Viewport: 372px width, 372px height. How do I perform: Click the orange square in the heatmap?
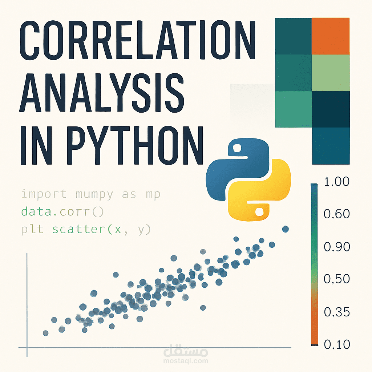[331, 36]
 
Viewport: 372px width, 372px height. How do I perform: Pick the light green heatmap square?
[331, 73]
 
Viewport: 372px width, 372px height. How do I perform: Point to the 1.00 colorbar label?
[336, 182]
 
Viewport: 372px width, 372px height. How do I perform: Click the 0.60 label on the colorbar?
[336, 214]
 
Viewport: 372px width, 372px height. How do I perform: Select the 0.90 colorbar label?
[336, 247]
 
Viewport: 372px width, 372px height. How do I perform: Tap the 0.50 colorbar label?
[336, 279]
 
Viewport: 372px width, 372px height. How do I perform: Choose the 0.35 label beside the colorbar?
[336, 312]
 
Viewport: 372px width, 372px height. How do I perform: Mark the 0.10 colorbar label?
[336, 344]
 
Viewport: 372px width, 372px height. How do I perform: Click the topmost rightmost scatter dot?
[285, 229]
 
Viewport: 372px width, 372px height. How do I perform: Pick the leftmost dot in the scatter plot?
[46, 333]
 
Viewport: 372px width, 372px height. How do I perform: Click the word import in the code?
[44, 194]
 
